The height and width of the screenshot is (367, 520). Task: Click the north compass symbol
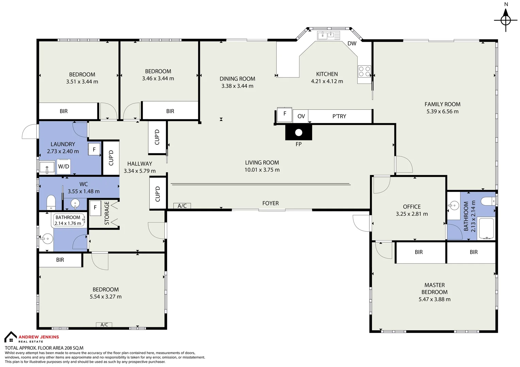[506, 20]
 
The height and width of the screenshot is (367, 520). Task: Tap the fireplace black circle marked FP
[298, 133]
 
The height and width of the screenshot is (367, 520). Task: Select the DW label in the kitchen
[352, 43]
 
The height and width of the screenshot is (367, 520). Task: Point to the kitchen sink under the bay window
[328, 35]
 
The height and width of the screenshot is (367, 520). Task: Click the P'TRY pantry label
[339, 116]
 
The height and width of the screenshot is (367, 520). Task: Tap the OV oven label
[301, 116]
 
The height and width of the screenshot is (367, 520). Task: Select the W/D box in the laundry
[64, 167]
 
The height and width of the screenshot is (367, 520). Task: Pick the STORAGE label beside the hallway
[107, 213]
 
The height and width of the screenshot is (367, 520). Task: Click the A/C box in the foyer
[182, 206]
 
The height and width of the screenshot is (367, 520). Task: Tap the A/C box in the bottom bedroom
[104, 325]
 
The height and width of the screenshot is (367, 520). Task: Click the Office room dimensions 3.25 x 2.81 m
[412, 214]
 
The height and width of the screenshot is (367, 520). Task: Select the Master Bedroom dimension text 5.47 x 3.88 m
[434, 299]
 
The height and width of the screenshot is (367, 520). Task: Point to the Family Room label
[442, 104]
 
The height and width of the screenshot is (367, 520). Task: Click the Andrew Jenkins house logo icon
[11, 337]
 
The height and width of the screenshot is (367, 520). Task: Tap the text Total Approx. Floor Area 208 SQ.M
[44, 348]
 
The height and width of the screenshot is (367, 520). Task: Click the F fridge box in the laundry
[94, 150]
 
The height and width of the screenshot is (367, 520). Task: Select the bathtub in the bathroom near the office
[486, 229]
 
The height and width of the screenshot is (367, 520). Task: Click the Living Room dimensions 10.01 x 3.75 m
[262, 170]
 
